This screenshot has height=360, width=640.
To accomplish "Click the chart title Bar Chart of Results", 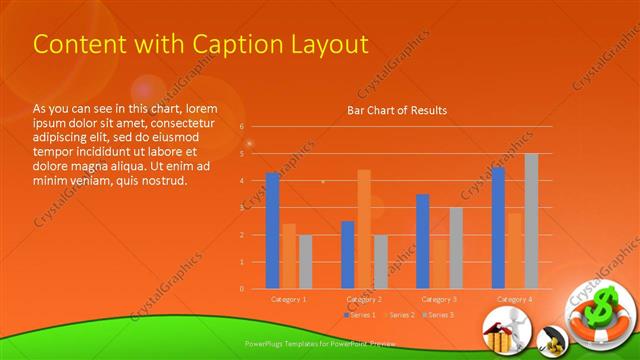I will click(397, 110).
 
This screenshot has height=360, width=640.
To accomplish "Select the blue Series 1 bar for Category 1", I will click(272, 230).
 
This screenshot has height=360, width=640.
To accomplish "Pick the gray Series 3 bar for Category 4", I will click(531, 221).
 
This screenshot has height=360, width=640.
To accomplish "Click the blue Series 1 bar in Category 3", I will click(423, 241).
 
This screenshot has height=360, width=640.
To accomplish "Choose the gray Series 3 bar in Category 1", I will click(305, 261).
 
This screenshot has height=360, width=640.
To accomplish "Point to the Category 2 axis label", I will click(364, 299).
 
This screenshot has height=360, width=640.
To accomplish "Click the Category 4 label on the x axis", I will click(514, 299).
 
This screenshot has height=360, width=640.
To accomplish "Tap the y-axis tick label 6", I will click(241, 127).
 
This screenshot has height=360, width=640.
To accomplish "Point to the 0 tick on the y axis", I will click(241, 289).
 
